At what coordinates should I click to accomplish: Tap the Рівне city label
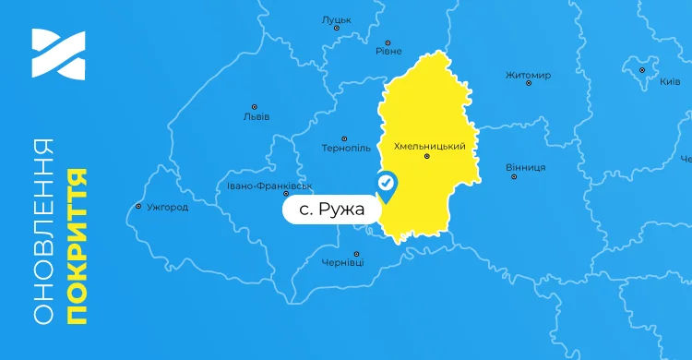coord(388,52)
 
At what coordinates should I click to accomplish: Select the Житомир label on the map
coord(528,75)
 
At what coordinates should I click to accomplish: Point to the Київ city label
coord(670,81)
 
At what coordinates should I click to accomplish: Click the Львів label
coord(256,117)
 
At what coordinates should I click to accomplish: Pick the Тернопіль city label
coord(346,148)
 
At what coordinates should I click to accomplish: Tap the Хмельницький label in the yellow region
coord(428,146)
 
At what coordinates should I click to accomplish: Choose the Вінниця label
coord(526,167)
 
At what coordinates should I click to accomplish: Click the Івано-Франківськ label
coord(270,185)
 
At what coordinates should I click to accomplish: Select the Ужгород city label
coord(167,207)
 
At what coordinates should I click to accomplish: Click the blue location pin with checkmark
coord(387,186)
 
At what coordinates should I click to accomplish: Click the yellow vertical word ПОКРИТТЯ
coord(78,246)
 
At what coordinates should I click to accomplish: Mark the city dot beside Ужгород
coord(138,207)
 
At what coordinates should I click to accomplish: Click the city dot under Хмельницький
coord(426,157)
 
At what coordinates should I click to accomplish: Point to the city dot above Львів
coord(255,107)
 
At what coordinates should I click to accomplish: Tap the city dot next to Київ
coord(642,69)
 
